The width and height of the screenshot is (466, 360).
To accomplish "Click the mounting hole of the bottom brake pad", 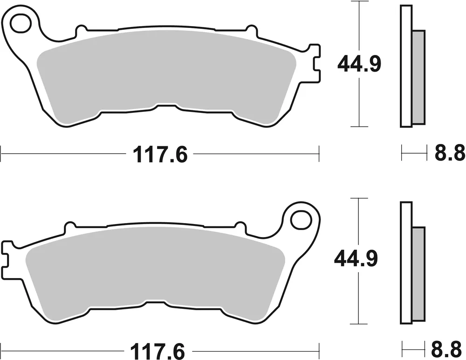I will [x=301, y=218].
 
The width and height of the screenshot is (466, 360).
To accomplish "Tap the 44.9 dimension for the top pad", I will [x=359, y=65].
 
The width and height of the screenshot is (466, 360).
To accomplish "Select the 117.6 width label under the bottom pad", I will [x=160, y=348].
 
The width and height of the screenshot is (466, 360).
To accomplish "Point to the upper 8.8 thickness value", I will [x=450, y=153].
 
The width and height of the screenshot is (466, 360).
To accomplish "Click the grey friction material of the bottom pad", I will [x=154, y=270].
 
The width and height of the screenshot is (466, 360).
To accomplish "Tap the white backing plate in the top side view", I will [x=406, y=65].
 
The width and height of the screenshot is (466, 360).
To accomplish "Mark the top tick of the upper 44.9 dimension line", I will [x=358, y=2].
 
